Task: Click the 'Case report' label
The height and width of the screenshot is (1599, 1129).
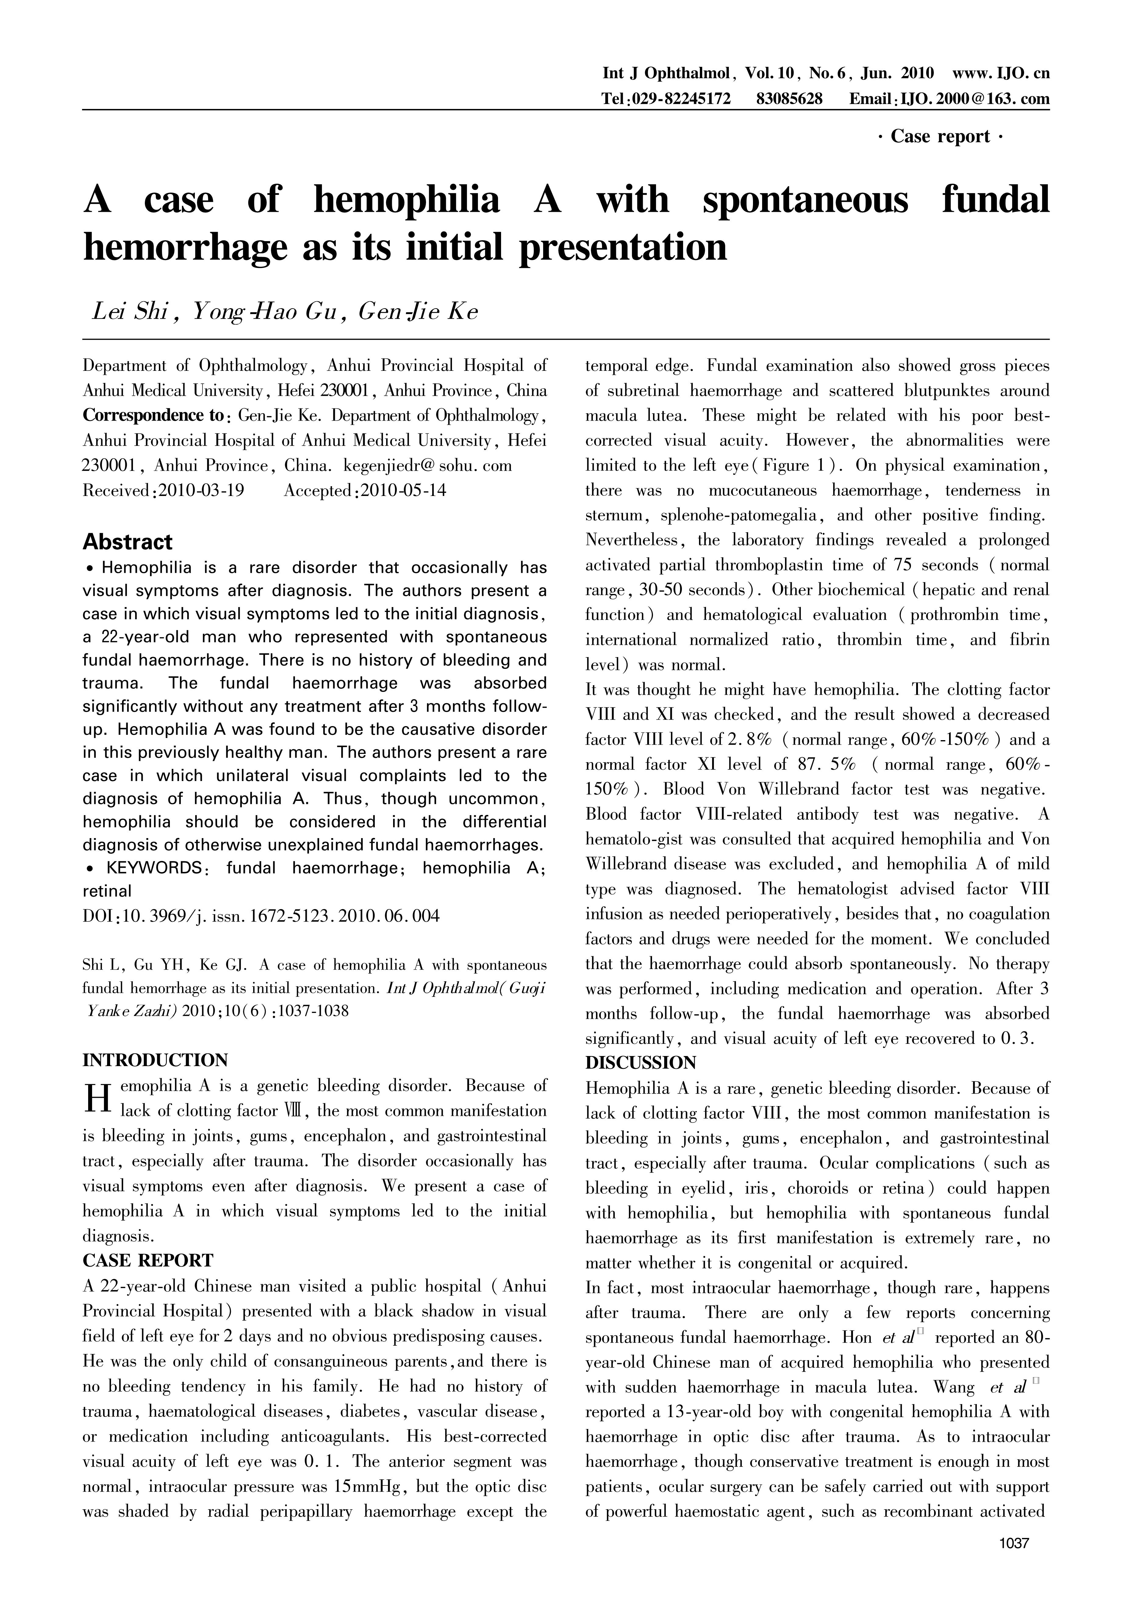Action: (940, 136)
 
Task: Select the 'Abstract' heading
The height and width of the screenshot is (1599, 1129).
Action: (127, 542)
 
